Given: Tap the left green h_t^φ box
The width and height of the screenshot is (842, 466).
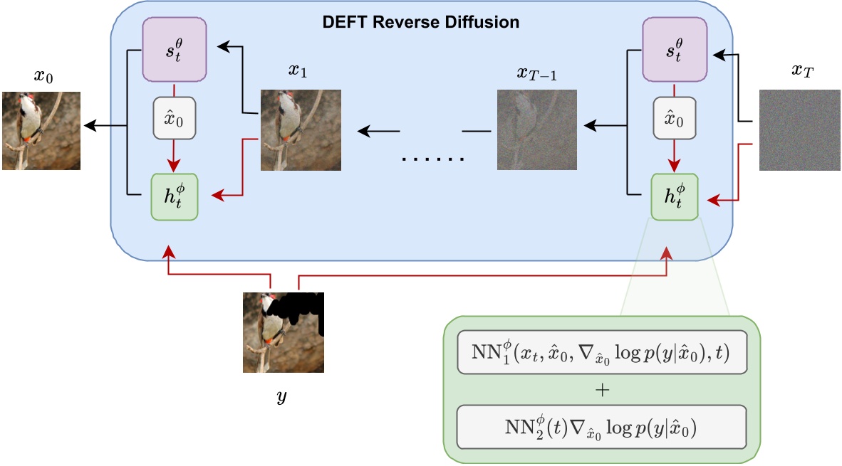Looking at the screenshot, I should [x=175, y=196].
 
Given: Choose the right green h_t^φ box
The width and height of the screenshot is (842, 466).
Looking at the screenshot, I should [x=674, y=196].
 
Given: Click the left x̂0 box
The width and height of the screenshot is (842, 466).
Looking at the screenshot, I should [x=175, y=117].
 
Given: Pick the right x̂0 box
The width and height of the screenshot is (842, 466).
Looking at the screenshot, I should [x=674, y=117].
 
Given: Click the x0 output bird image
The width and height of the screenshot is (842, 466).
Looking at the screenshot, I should [x=41, y=130].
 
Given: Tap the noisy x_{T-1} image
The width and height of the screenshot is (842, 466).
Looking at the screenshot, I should [x=536, y=129].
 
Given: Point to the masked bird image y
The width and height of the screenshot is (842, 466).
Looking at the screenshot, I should [x=283, y=332].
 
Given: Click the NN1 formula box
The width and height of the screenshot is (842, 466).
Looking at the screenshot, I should [x=601, y=352].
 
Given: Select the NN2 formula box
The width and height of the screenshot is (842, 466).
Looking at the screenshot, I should [x=601, y=427].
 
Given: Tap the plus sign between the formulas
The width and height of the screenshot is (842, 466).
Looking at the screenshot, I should [x=601, y=389].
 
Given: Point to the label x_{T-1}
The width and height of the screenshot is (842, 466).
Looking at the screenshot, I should [x=536, y=73].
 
